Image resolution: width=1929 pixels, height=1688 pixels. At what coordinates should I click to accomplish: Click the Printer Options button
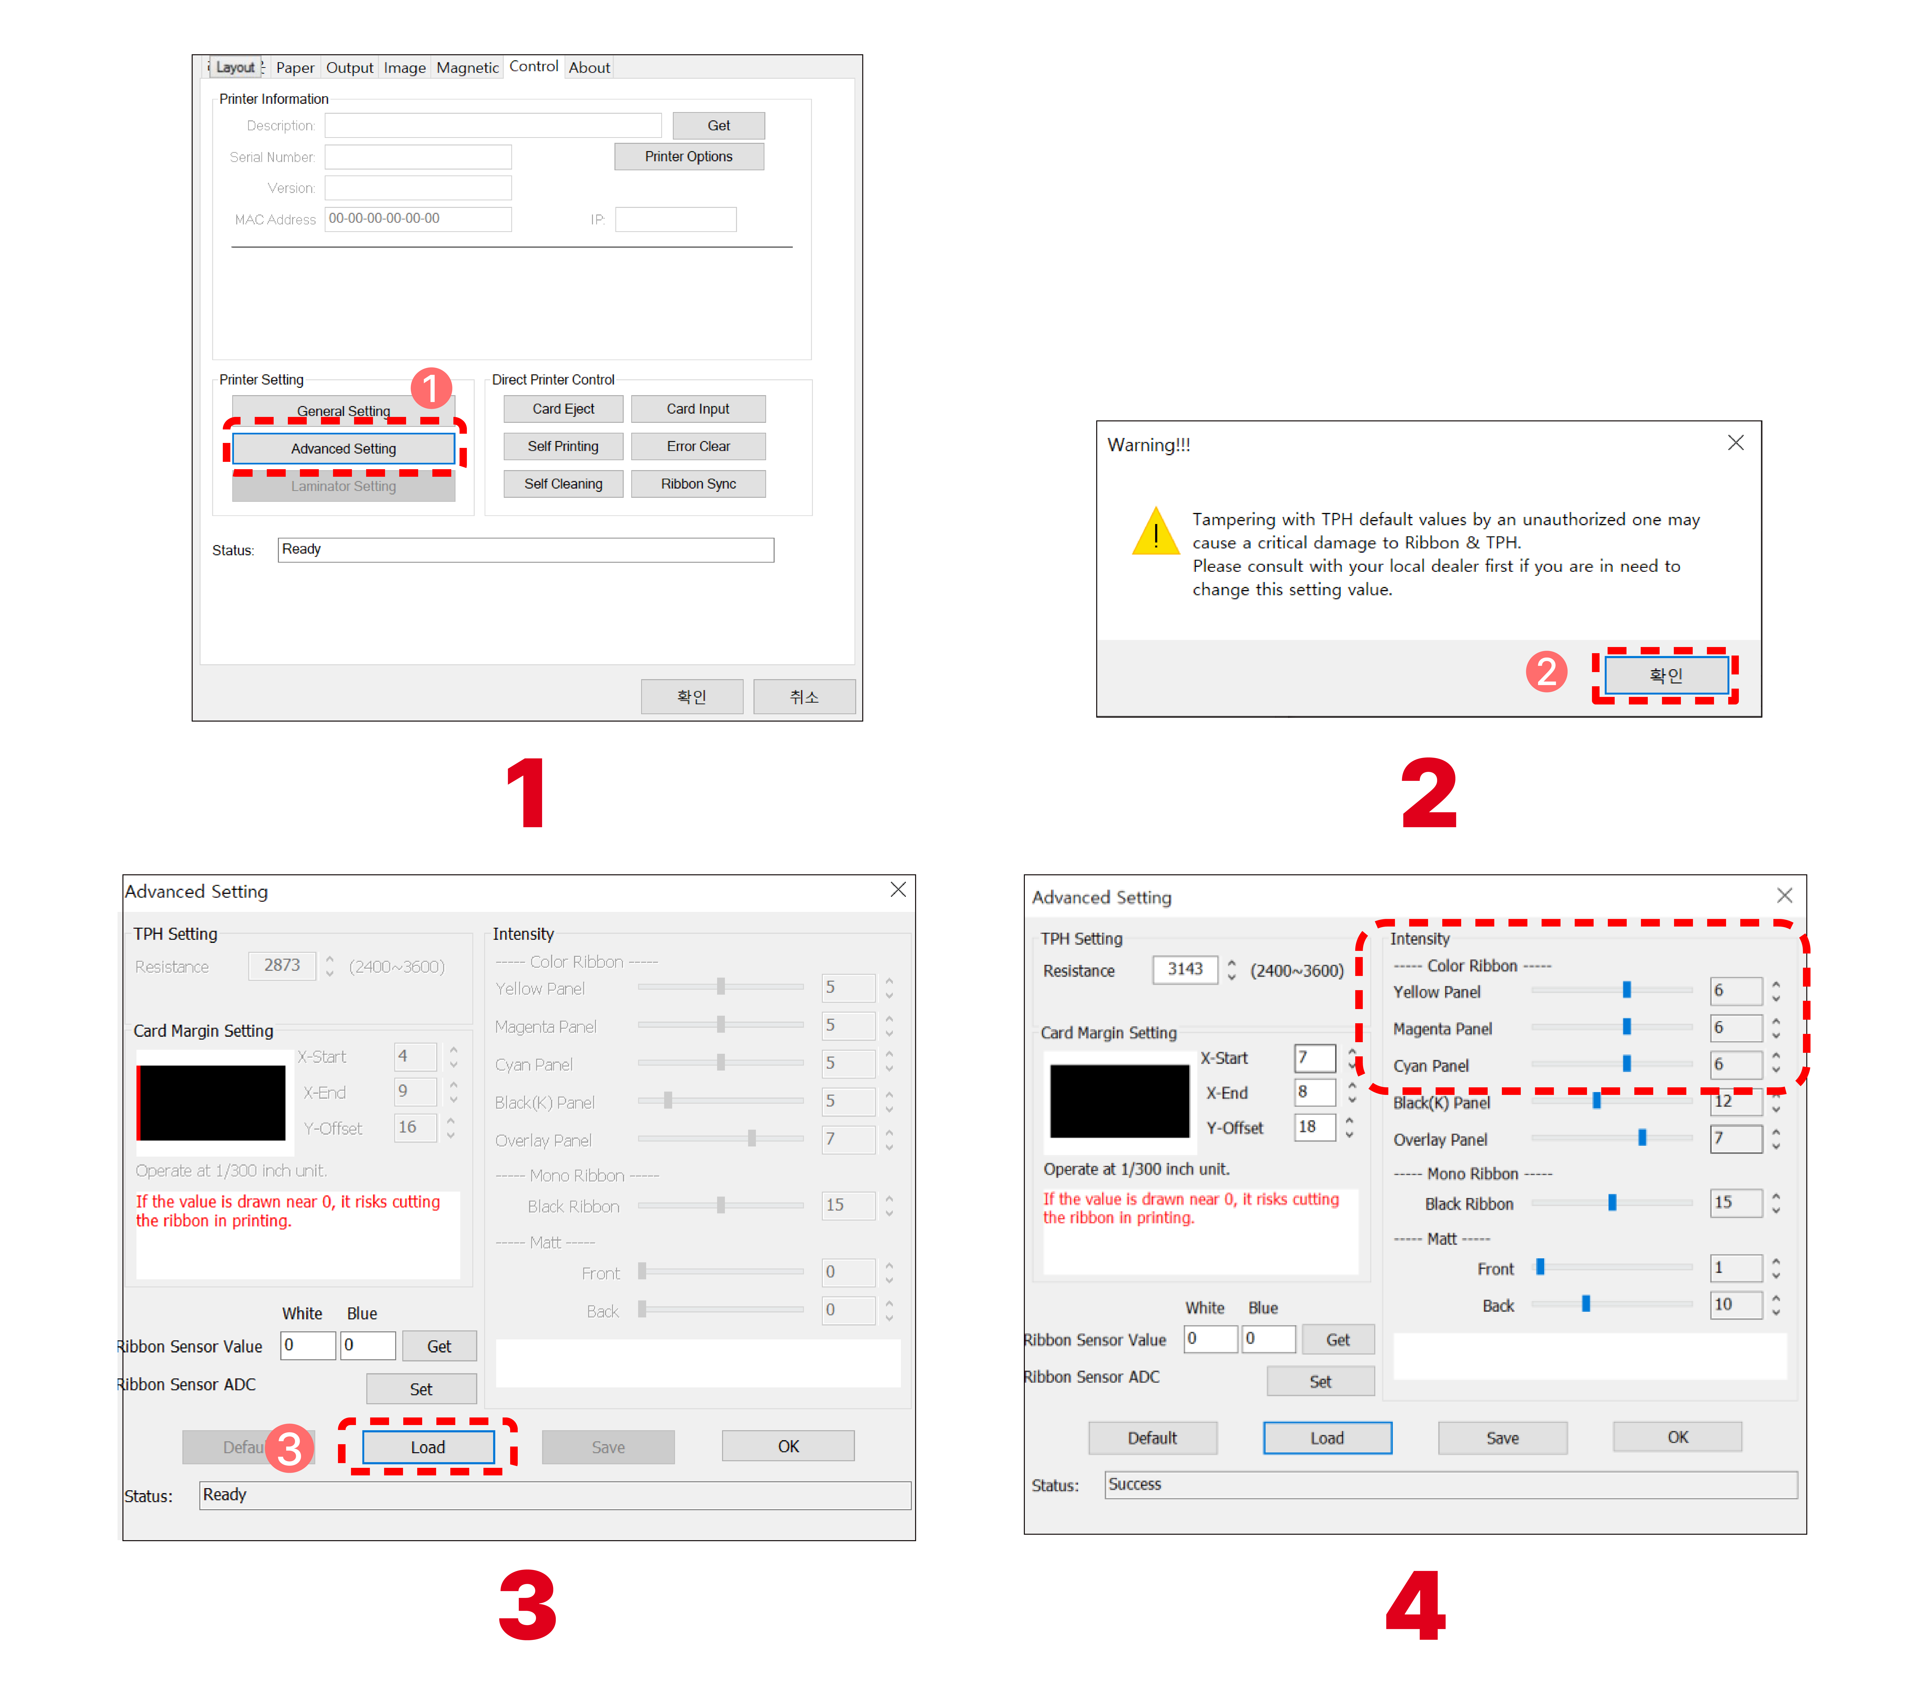(x=688, y=156)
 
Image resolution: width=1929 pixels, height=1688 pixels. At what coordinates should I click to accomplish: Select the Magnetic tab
(x=467, y=68)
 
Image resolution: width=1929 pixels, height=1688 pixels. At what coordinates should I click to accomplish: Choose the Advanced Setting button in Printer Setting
(x=344, y=448)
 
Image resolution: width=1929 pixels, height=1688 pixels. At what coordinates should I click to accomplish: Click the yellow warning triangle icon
(x=1156, y=532)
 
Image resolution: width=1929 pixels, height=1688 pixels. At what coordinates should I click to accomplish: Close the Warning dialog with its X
(x=1736, y=443)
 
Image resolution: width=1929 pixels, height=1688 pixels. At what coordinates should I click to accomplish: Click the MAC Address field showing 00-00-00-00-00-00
(x=418, y=219)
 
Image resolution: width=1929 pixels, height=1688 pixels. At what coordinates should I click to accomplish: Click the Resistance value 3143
(x=1185, y=969)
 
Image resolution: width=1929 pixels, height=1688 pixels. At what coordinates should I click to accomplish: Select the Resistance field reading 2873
(x=282, y=966)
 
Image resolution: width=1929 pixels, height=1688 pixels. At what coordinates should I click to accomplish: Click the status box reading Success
(x=1451, y=1485)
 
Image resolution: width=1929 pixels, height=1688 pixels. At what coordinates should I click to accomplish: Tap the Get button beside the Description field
(x=719, y=125)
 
